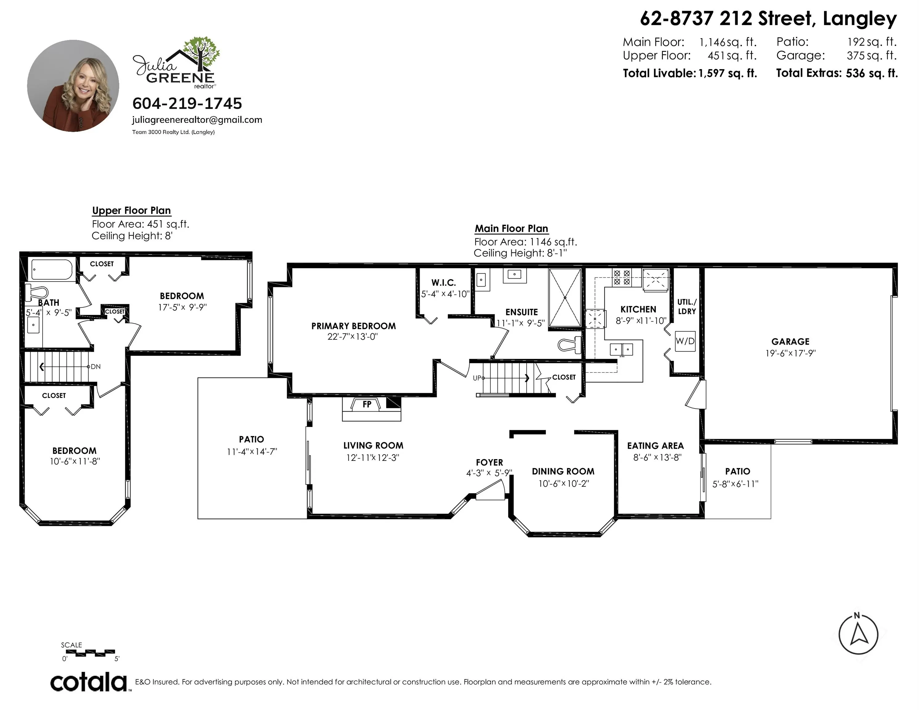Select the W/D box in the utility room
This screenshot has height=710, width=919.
pyautogui.click(x=685, y=341)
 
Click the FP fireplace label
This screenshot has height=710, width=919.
pyautogui.click(x=367, y=404)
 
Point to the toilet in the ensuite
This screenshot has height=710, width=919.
pyautogui.click(x=569, y=345)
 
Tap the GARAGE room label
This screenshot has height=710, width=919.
pyautogui.click(x=790, y=341)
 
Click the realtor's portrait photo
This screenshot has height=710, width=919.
pyautogui.click(x=73, y=86)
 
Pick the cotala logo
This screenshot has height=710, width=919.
pyautogui.click(x=89, y=682)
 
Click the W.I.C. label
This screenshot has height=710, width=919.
pyautogui.click(x=444, y=283)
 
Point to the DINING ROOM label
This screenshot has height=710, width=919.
pyautogui.click(x=563, y=471)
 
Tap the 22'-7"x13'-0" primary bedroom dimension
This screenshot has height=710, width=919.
pyautogui.click(x=353, y=337)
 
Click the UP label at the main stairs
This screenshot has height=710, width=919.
pyautogui.click(x=477, y=378)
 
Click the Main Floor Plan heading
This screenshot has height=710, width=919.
pyautogui.click(x=511, y=228)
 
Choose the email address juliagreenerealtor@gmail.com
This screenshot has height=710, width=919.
pyautogui.click(x=197, y=120)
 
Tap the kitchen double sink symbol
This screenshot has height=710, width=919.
pyautogui.click(x=622, y=349)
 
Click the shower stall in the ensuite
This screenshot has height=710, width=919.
pyautogui.click(x=565, y=297)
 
